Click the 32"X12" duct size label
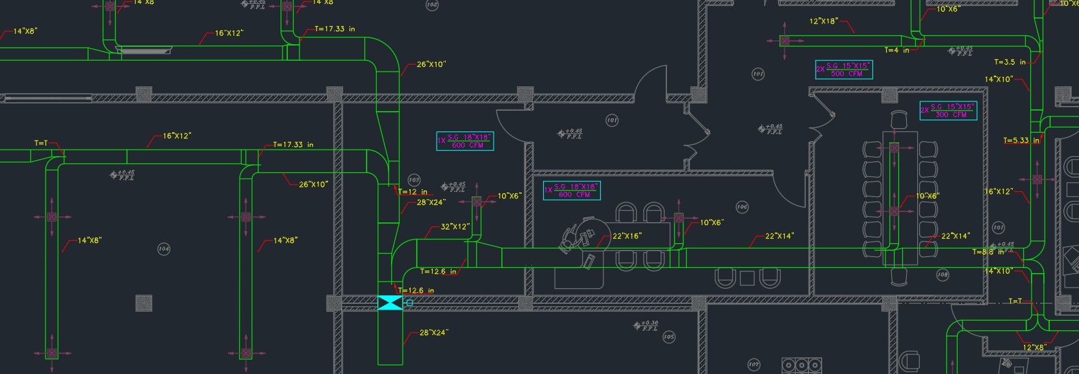click(x=455, y=227)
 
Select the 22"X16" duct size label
click(x=627, y=236)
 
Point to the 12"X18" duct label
click(x=823, y=21)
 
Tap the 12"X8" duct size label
click(x=1034, y=347)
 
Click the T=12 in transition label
click(x=413, y=192)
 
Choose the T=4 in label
click(x=896, y=50)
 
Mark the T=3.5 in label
click(x=1009, y=62)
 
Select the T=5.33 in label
click(x=1021, y=140)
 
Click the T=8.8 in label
click(x=988, y=252)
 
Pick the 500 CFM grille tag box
click(x=844, y=70)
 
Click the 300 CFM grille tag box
click(x=948, y=111)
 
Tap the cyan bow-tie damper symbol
click(x=390, y=302)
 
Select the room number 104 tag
click(x=164, y=248)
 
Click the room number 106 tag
click(x=742, y=207)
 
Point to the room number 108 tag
click(x=943, y=274)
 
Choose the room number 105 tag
click(x=668, y=337)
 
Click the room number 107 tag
click(x=754, y=364)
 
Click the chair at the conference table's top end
click(x=899, y=120)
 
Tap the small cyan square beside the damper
click(x=409, y=302)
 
